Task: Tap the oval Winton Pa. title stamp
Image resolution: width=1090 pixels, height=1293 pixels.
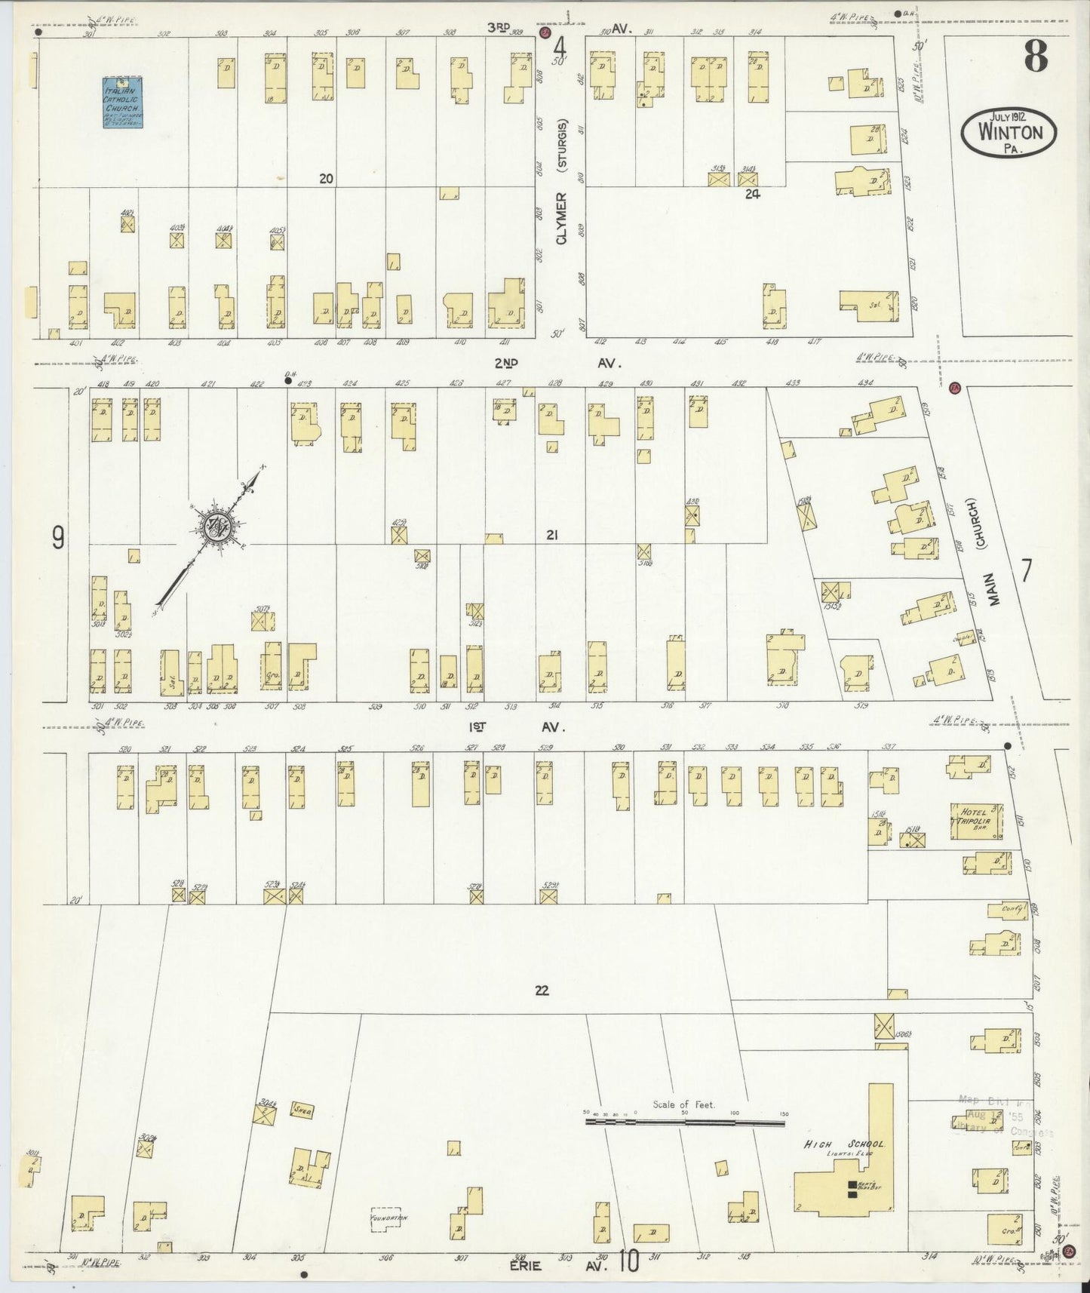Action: click(1009, 132)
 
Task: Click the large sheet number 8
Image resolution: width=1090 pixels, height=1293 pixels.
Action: click(1036, 57)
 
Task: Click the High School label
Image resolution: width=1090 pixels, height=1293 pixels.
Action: click(843, 1144)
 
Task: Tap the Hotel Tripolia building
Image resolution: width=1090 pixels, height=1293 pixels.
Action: click(977, 822)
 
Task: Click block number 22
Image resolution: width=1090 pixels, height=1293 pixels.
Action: click(541, 990)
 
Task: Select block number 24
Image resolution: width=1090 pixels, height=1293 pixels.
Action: click(751, 193)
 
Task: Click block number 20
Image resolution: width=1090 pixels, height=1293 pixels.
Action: click(326, 179)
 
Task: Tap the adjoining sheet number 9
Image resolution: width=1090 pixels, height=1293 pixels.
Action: click(57, 537)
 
